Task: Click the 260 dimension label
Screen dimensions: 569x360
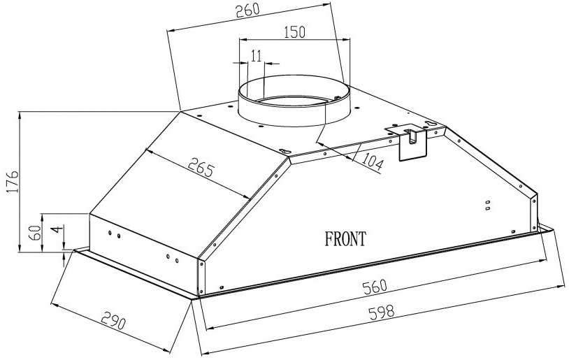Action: click(247, 10)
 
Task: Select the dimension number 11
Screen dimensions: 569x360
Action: click(256, 56)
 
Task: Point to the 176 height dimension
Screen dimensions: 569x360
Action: click(13, 181)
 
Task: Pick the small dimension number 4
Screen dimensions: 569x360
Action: click(55, 230)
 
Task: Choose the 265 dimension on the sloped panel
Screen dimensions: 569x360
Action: click(201, 167)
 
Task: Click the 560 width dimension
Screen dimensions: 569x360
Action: click(375, 287)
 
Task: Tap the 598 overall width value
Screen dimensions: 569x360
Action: click(381, 311)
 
